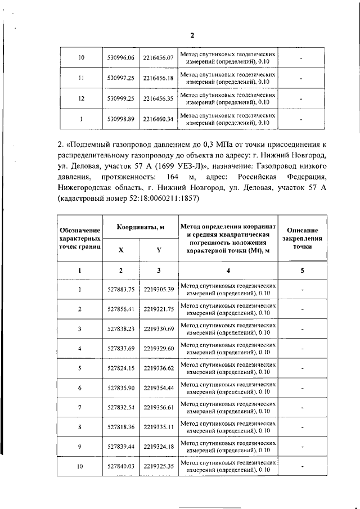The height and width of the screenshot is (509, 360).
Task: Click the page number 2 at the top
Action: (x=192, y=35)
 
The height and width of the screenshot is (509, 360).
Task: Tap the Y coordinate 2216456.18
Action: (x=158, y=78)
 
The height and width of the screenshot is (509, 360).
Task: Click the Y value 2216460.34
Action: (x=158, y=119)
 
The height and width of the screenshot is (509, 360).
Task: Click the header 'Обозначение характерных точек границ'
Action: (x=80, y=238)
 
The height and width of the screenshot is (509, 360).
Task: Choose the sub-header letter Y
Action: (x=158, y=250)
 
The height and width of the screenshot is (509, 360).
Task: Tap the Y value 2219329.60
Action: (x=158, y=349)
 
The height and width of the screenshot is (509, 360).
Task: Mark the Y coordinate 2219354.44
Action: (x=158, y=388)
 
